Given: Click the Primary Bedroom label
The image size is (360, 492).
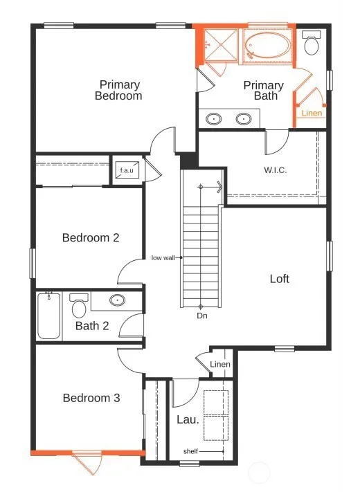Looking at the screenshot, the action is coord(118,90).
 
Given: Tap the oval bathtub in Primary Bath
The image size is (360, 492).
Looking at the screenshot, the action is coord(268,46).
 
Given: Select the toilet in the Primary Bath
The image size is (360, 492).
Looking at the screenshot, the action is coord(312,43).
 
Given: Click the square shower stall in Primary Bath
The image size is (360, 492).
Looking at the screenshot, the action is coord(221,45).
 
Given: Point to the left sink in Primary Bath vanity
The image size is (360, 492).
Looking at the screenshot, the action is coord(214,119).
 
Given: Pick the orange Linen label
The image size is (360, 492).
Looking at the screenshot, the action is coord(312,113).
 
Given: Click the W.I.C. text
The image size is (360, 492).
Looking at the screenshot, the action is coord(276,170).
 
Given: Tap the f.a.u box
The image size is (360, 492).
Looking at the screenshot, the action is coord(127,170).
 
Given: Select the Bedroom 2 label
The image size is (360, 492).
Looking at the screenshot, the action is coord(91,237).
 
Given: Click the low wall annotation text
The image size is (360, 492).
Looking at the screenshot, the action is coord(163,258).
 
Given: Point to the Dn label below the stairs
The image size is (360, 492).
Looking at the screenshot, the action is coord(202,316).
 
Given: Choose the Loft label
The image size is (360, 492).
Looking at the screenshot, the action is coord(279,279).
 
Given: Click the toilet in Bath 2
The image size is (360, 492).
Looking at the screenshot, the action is coord(79,305).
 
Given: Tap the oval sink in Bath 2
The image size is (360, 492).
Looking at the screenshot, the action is coord(118,300).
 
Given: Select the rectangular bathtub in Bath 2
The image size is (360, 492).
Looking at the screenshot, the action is coord(49,316).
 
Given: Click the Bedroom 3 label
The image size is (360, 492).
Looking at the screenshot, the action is coord(91,398).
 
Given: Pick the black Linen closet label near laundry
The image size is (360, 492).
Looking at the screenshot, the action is coord(220,364).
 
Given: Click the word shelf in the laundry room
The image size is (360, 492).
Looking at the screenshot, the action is coord(190,451).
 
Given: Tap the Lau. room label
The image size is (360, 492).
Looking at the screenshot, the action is coord(188,419).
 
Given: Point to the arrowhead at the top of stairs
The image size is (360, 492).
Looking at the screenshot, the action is coord(219,187).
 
